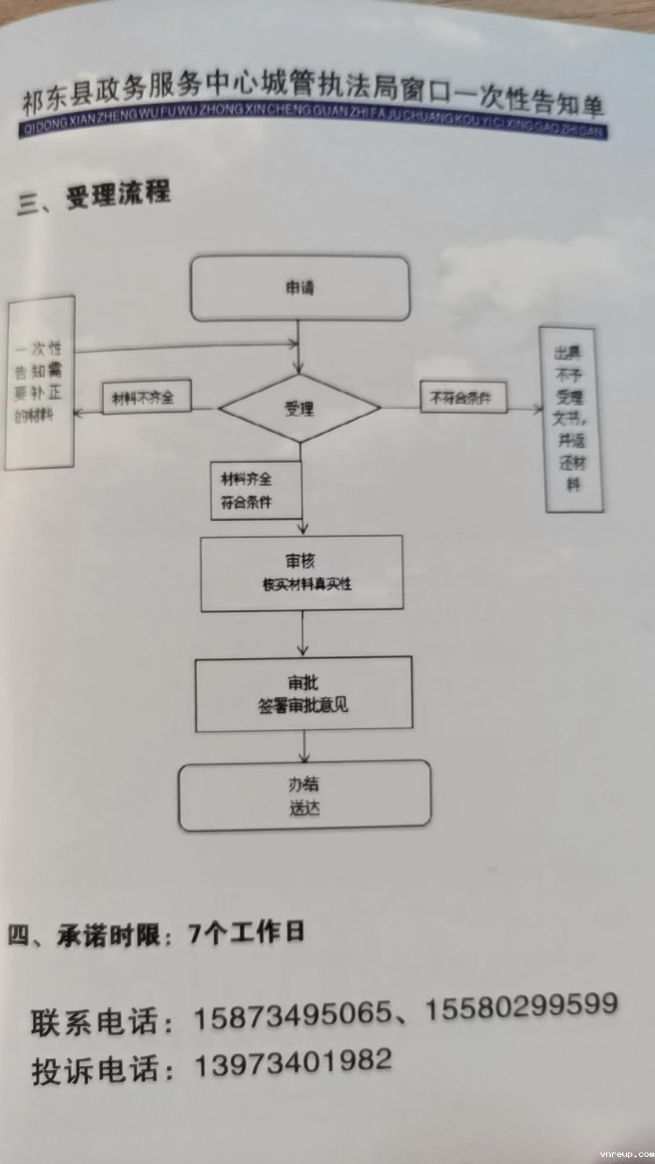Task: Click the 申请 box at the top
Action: coord(300,289)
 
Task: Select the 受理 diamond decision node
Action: coord(300,409)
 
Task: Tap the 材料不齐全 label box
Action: coord(146,398)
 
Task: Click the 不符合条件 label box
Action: coord(463,398)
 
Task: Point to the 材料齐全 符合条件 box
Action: coord(255,490)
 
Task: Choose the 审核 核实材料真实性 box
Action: coord(302,573)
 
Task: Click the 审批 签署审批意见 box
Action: coord(303,694)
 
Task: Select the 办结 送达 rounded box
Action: coord(304,796)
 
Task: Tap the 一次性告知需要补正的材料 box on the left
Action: coord(39,382)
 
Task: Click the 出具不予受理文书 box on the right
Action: coord(571,420)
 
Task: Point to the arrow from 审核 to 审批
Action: coord(303,634)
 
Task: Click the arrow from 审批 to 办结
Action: coord(304,746)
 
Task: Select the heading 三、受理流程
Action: coord(94,196)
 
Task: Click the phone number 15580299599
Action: coord(522,1007)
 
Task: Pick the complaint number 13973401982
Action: coord(293,1063)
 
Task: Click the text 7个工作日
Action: coord(246,932)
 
